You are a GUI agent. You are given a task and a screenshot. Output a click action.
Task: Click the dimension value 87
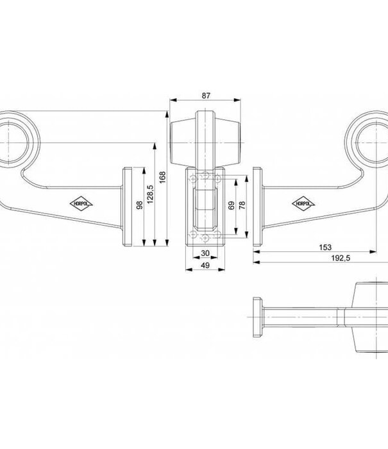pyautogui.click(x=206, y=96)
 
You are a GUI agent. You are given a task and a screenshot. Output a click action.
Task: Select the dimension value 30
pyautogui.click(x=206, y=252)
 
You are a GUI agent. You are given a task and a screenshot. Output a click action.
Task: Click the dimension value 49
pyautogui.click(x=206, y=265)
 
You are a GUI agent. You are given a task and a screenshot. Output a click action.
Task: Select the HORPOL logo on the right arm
pyautogui.click(x=306, y=204)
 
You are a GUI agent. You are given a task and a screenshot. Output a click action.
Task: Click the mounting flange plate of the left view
pyautogui.click(x=128, y=207)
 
